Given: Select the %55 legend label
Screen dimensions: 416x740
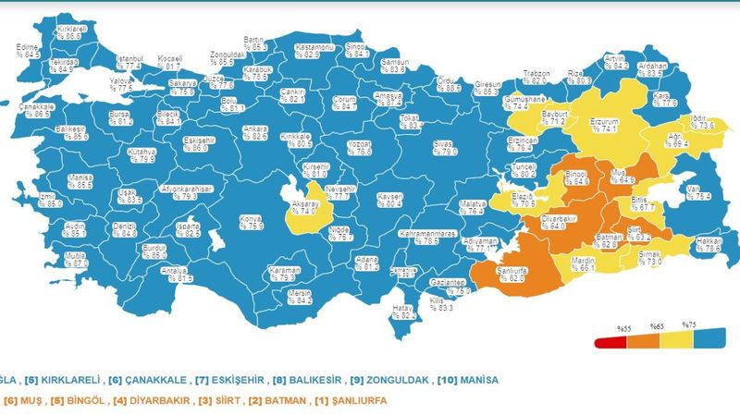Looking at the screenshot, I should tap(624, 326).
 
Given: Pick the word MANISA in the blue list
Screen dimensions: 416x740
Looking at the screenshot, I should tap(477, 380).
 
